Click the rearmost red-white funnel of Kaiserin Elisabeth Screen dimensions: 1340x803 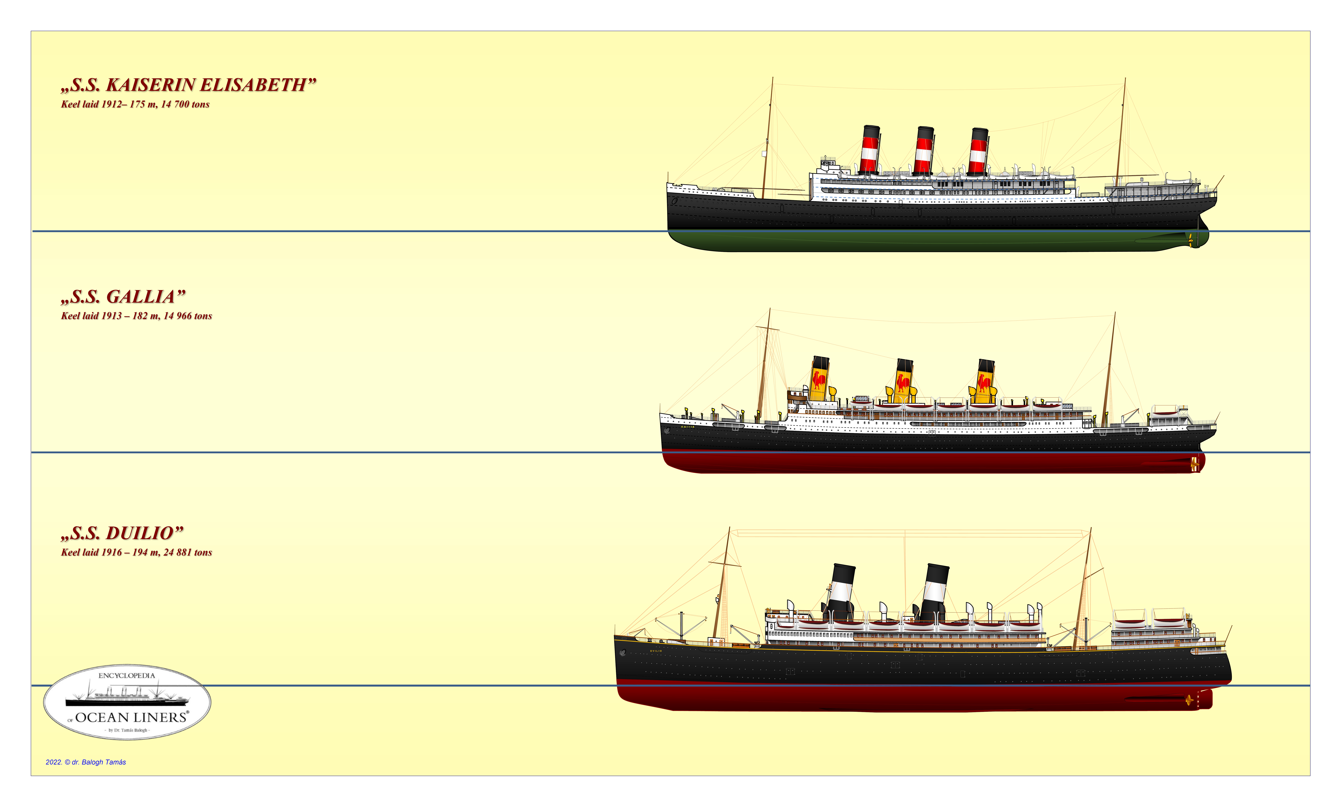tap(978, 152)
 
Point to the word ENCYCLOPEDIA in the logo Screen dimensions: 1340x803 tap(127, 676)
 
